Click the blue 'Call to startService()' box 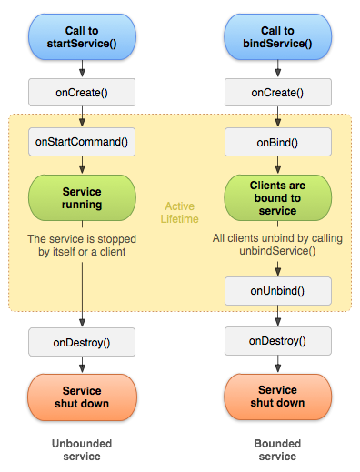[x=83, y=34]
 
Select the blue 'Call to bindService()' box [x=277, y=34]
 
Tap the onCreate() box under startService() [x=83, y=93]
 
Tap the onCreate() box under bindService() [x=277, y=93]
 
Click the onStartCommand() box [x=83, y=142]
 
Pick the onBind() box [x=277, y=142]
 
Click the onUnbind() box [x=277, y=291]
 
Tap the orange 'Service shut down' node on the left [x=83, y=397]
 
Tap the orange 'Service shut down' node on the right [x=277, y=397]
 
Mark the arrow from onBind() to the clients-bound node [x=277, y=165]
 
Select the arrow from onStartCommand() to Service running [x=83, y=165]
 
